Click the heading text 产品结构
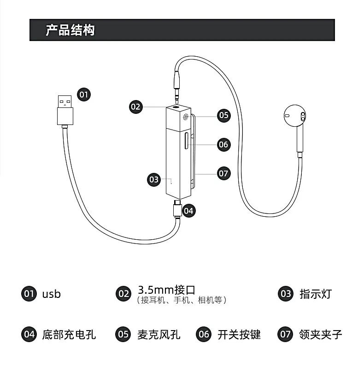pos(70,30)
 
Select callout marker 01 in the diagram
pos(83,95)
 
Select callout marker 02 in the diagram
pos(135,107)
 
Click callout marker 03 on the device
pos(154,179)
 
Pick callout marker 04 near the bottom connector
pos(188,211)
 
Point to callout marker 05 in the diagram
pos(223,115)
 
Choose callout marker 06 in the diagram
pos(223,144)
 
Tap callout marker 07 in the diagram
pos(223,173)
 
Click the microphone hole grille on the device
pos(186,117)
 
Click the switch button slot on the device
pos(186,141)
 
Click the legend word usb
pos(52,294)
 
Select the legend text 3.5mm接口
pos(166,290)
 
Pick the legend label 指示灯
pos(316,294)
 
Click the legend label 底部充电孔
pos(69,334)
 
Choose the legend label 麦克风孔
pos(159,334)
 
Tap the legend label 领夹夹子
pos(320,334)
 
